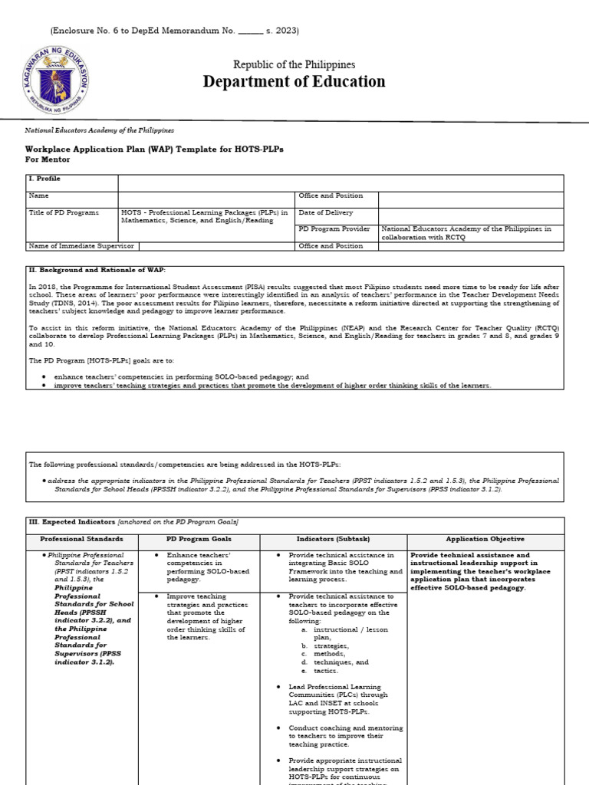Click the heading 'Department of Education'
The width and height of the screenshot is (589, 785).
click(x=294, y=82)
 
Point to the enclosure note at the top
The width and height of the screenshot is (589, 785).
click(x=174, y=31)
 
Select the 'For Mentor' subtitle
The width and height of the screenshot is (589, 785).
click(x=48, y=159)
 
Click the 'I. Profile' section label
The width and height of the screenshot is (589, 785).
click(x=44, y=179)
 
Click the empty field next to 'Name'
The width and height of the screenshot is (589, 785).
click(x=206, y=196)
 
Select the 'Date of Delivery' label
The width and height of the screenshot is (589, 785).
click(x=329, y=212)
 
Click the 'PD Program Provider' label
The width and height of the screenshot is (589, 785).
click(x=334, y=228)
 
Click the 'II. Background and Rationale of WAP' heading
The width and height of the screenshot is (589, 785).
click(x=97, y=270)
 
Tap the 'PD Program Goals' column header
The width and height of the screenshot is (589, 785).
click(x=198, y=539)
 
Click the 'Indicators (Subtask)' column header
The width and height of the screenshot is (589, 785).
click(x=333, y=539)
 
